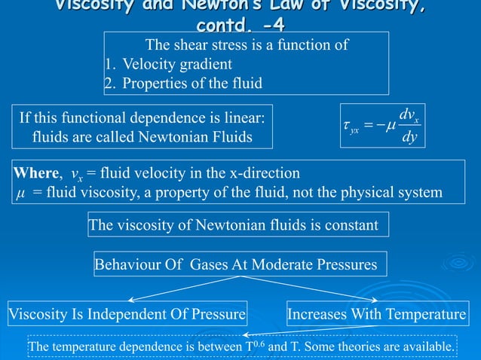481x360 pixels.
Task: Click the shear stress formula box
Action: [x=381, y=126]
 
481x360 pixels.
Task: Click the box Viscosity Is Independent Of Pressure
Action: [x=127, y=313]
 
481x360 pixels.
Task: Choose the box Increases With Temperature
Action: [x=377, y=313]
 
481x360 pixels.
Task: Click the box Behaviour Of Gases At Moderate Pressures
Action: [x=235, y=264]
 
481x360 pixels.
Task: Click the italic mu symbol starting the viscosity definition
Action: [x=20, y=193]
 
